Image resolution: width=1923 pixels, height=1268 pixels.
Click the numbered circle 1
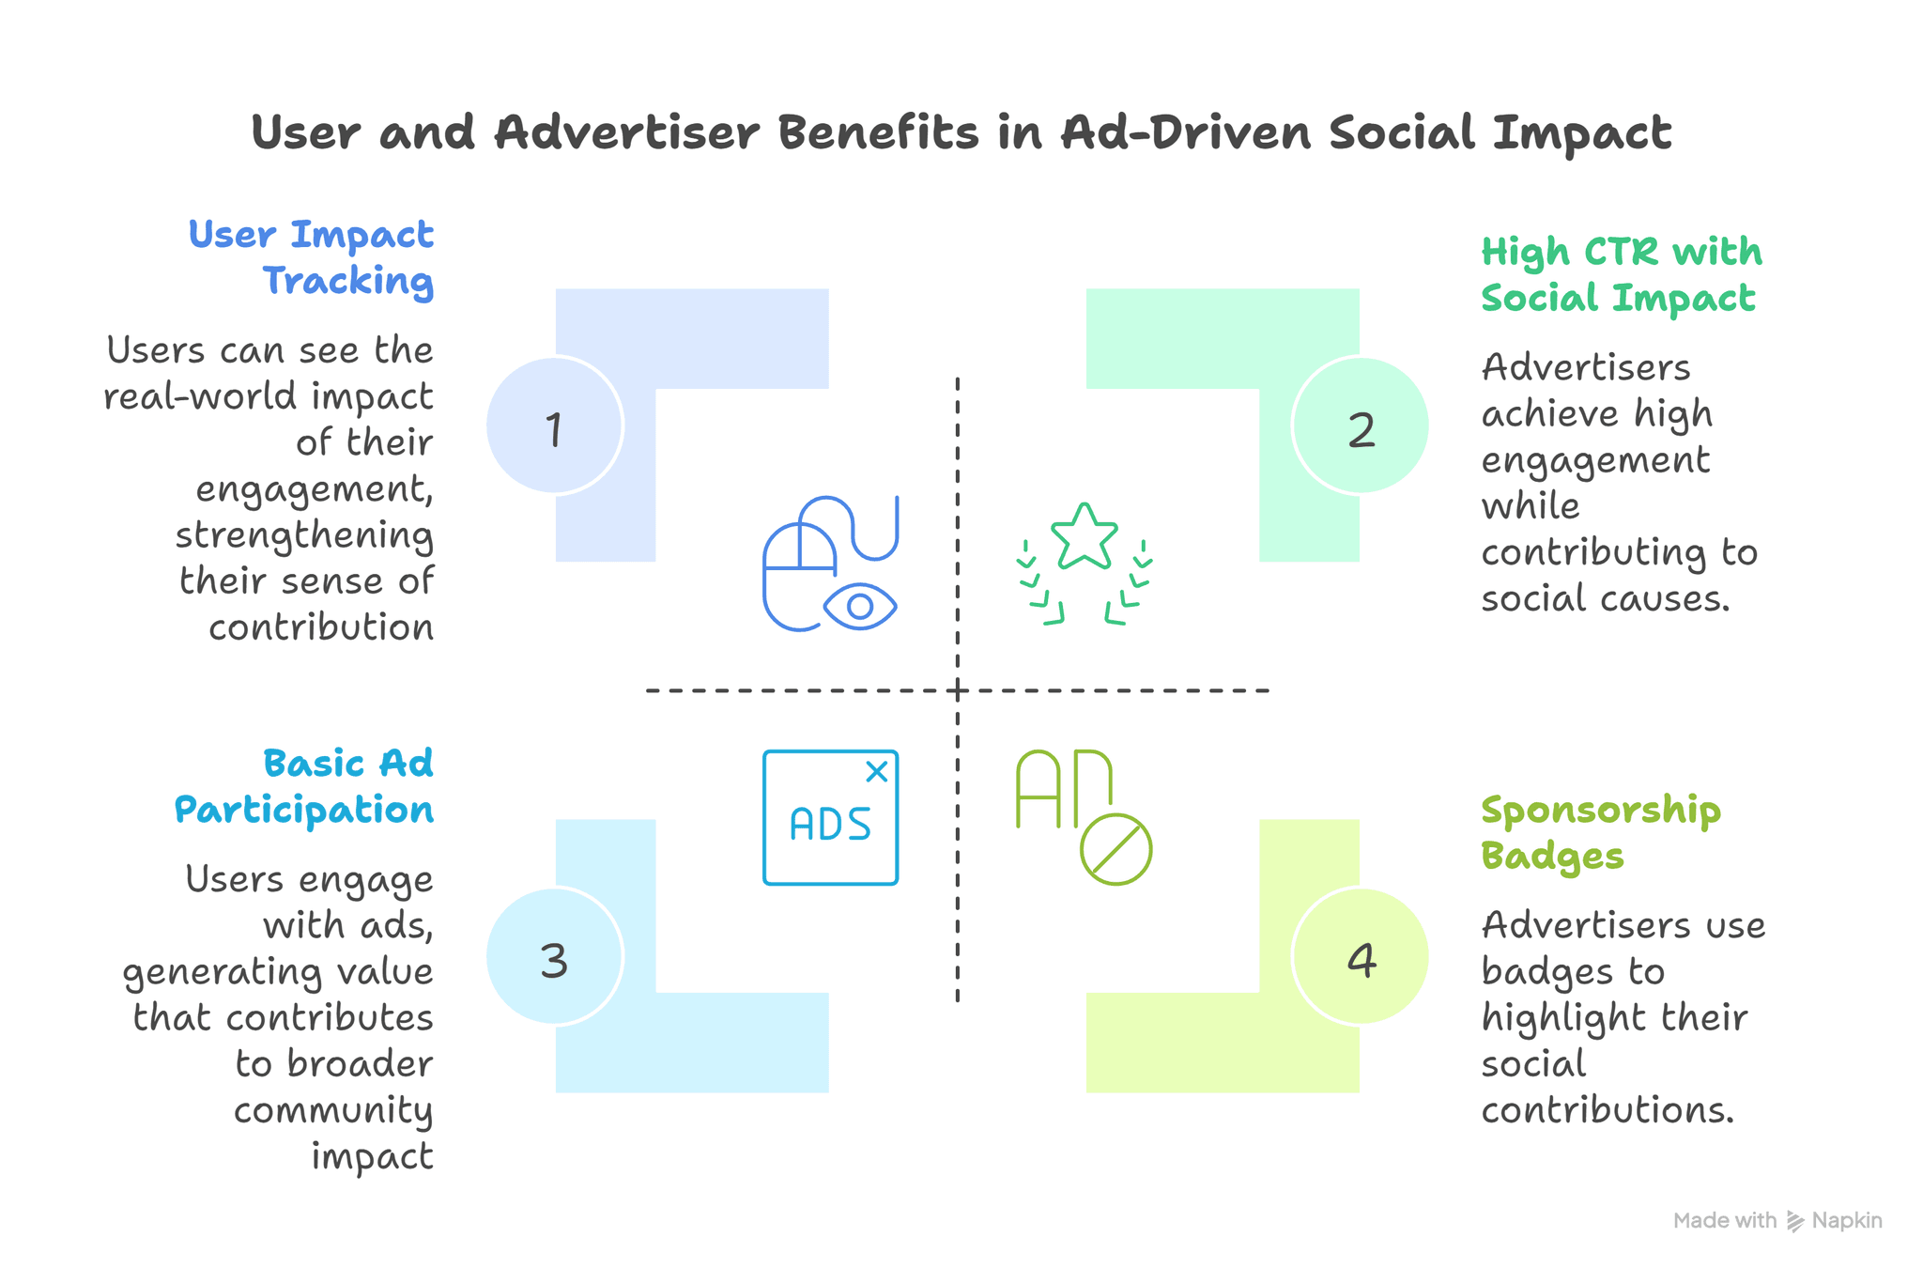pos(554,425)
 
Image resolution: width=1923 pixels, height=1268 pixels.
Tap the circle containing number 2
pos(1361,425)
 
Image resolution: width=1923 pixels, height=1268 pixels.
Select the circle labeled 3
pos(554,956)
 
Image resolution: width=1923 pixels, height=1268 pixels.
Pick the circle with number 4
pos(1361,956)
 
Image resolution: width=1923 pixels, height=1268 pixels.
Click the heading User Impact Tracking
pos(311,257)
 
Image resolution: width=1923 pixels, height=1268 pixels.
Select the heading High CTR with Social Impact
pos(1622,274)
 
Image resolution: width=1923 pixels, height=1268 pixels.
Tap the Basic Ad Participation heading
pos(304,787)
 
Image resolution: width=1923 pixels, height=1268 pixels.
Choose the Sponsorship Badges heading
pos(1601,833)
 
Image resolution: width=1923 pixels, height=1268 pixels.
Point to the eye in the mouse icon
pos(860,607)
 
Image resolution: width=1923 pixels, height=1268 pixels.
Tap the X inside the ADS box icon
pos(877,772)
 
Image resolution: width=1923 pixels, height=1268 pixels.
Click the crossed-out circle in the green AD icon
pos(1115,849)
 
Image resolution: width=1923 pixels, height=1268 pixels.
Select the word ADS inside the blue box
pos(831,825)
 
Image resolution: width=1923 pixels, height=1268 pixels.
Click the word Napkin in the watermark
pos(1847,1220)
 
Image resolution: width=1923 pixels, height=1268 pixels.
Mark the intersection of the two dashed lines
pos(958,690)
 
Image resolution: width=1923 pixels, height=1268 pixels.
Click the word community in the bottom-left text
pos(333,1111)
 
